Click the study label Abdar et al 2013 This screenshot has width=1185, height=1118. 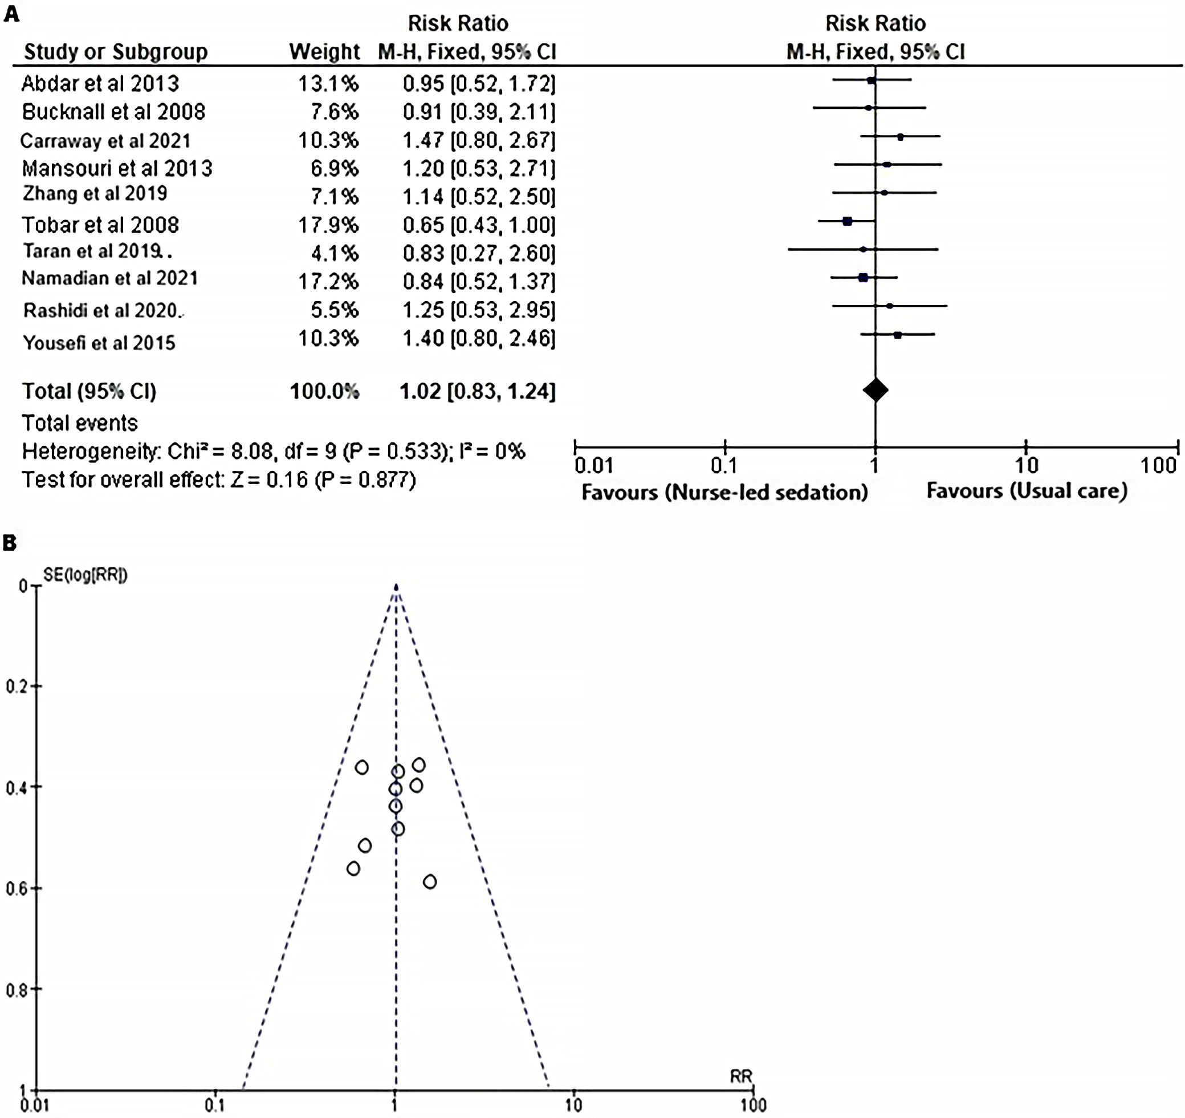(100, 83)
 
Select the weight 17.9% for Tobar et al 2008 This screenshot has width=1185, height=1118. (328, 225)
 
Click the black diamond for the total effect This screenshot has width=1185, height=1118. (875, 390)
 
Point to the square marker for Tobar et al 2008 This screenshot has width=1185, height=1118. (847, 221)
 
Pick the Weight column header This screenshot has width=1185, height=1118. (324, 52)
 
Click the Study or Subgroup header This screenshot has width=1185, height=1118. (116, 52)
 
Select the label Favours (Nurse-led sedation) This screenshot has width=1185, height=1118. (724, 492)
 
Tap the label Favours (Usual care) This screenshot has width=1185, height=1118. (1027, 491)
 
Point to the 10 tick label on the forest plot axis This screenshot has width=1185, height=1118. (1027, 466)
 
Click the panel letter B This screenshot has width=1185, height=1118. (10, 543)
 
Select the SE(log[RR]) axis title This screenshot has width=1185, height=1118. (85, 575)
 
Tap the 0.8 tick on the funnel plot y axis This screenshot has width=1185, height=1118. (16, 990)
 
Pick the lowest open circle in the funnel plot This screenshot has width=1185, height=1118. (430, 881)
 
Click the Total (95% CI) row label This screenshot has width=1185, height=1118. (89, 391)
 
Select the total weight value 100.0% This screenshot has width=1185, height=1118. (324, 391)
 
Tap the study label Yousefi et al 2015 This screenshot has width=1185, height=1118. (99, 343)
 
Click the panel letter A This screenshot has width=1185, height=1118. (11, 13)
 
